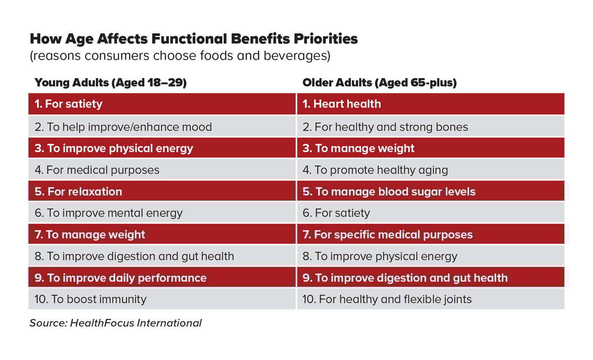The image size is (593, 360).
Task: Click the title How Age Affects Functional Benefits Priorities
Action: (194, 39)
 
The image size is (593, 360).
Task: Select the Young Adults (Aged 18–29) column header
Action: (111, 83)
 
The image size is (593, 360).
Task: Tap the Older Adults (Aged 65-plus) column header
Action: (379, 83)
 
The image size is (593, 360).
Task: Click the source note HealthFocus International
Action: (115, 323)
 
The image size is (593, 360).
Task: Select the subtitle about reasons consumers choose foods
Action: (180, 56)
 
